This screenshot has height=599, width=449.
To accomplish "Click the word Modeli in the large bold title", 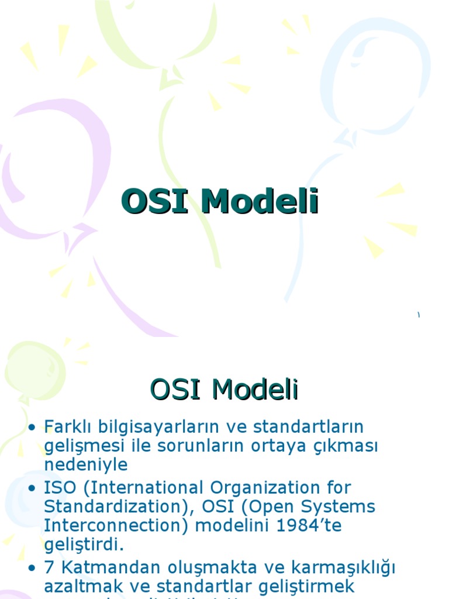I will point(260,202).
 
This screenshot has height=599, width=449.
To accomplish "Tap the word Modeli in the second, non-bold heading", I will point(255,390).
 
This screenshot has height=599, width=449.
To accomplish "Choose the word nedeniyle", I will point(85,465).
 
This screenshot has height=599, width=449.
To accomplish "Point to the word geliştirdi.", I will point(84,545).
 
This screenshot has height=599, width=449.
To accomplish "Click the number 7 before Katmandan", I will point(49,567).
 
